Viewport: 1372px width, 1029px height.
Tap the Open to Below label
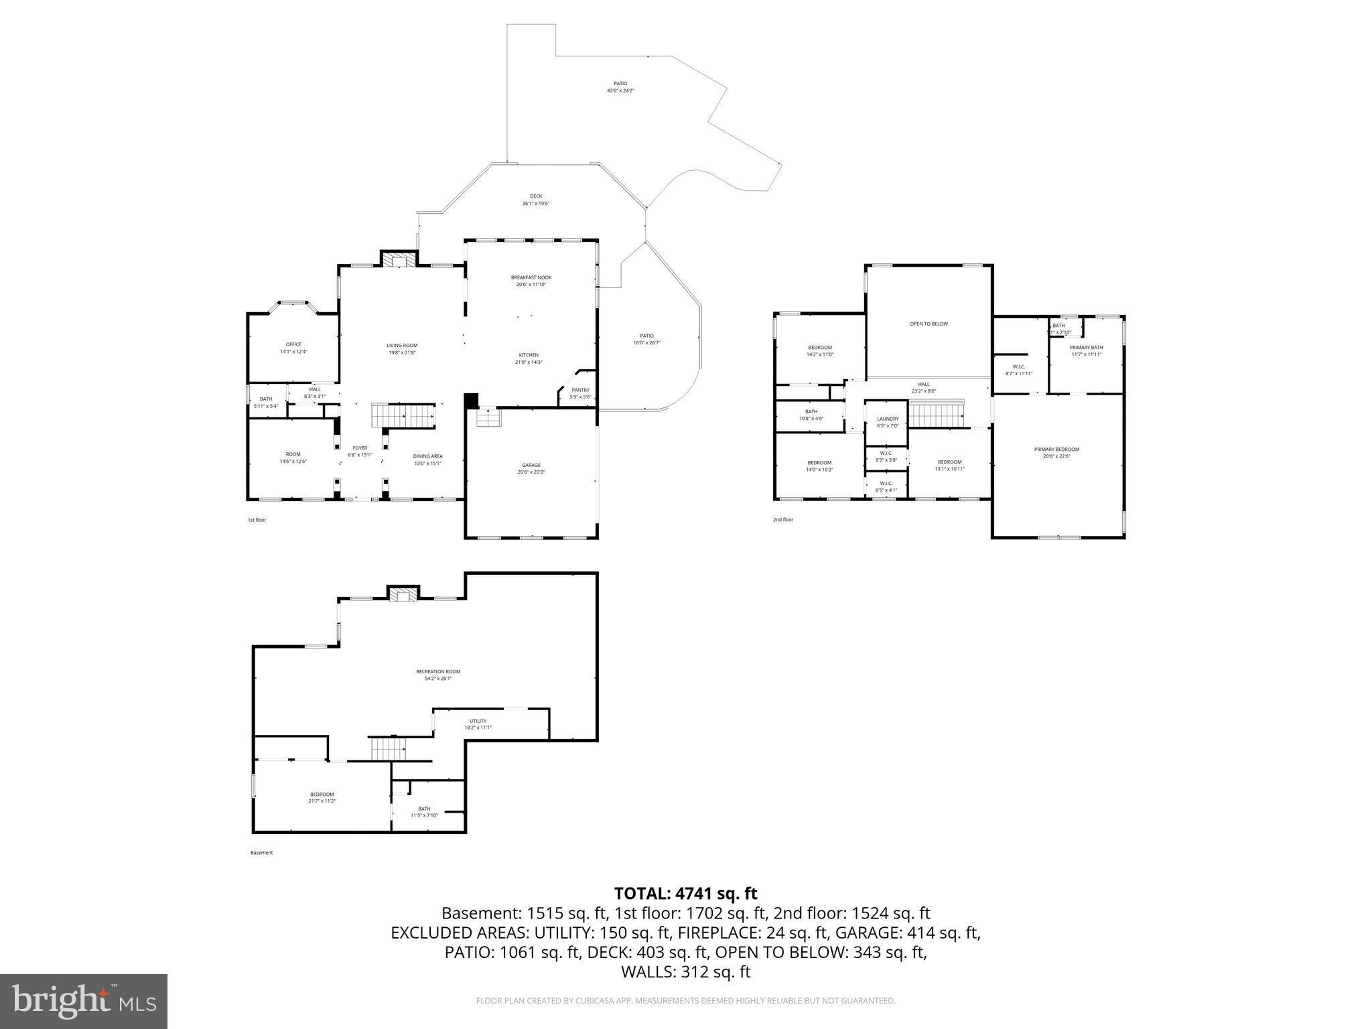click(x=929, y=324)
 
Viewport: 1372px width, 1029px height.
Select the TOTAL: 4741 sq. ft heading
click(x=685, y=894)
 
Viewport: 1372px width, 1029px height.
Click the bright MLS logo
click(x=84, y=1001)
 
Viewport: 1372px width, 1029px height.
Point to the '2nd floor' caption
click(x=783, y=520)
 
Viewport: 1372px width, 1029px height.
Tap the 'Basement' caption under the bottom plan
click(x=261, y=853)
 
